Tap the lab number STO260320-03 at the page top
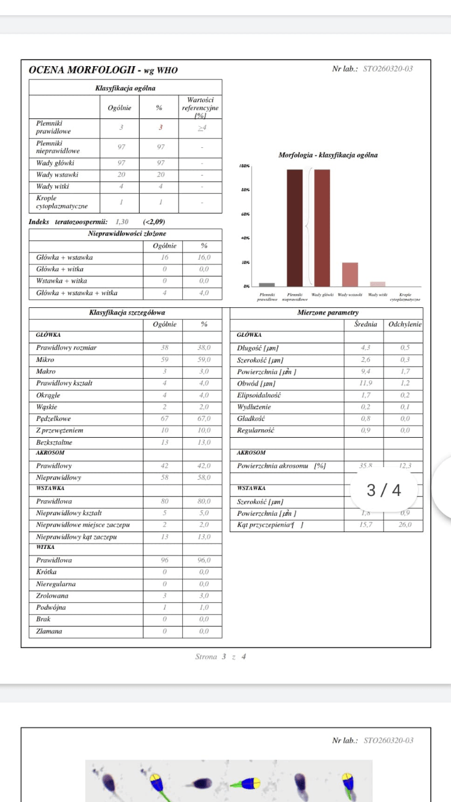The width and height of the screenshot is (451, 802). [388, 69]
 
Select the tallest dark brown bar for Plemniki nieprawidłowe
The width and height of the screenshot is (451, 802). [295, 228]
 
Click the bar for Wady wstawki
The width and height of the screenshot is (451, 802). [350, 274]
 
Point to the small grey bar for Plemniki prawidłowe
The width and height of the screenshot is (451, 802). [267, 284]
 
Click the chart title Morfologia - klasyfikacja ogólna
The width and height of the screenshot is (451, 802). [328, 155]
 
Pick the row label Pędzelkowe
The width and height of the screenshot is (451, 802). [54, 418]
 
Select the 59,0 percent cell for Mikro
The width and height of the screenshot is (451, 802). [204, 360]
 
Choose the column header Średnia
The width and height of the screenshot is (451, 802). [365, 324]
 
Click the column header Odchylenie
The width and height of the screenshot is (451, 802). [405, 324]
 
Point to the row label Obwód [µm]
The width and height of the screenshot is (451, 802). [257, 383]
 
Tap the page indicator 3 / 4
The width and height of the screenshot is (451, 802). [384, 491]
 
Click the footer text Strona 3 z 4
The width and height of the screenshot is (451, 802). [220, 657]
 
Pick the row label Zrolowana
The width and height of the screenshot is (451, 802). [52, 596]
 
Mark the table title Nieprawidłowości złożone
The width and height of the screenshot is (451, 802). [127, 233]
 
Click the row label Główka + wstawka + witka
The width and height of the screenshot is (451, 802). [77, 293]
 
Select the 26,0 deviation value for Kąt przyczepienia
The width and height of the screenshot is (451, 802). [405, 525]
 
